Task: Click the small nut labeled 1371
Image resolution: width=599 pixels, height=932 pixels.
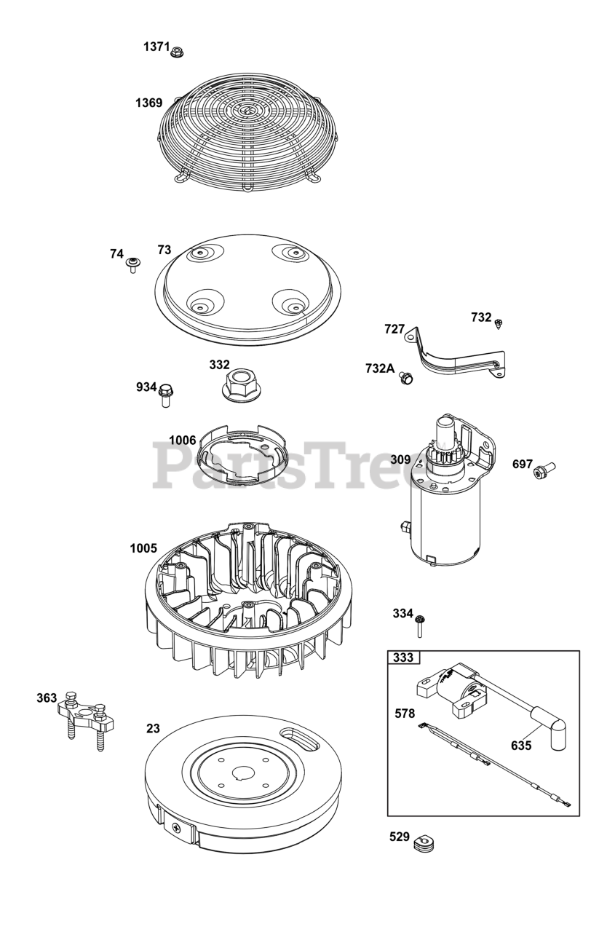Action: [x=178, y=51]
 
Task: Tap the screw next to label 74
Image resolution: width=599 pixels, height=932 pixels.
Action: [x=133, y=263]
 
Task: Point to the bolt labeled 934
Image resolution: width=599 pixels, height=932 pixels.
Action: [x=165, y=393]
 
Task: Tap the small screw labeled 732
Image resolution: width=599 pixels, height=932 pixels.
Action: [x=499, y=324]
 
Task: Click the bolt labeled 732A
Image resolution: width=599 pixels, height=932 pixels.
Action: [x=407, y=377]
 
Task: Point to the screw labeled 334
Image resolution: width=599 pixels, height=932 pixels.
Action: [x=421, y=623]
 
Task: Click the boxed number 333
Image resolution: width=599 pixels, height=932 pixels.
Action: [x=403, y=657]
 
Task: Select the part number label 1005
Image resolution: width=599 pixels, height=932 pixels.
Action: [x=143, y=548]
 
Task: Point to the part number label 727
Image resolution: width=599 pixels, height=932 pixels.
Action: [x=394, y=329]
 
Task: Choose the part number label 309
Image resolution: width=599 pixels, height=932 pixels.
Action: [x=400, y=459]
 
